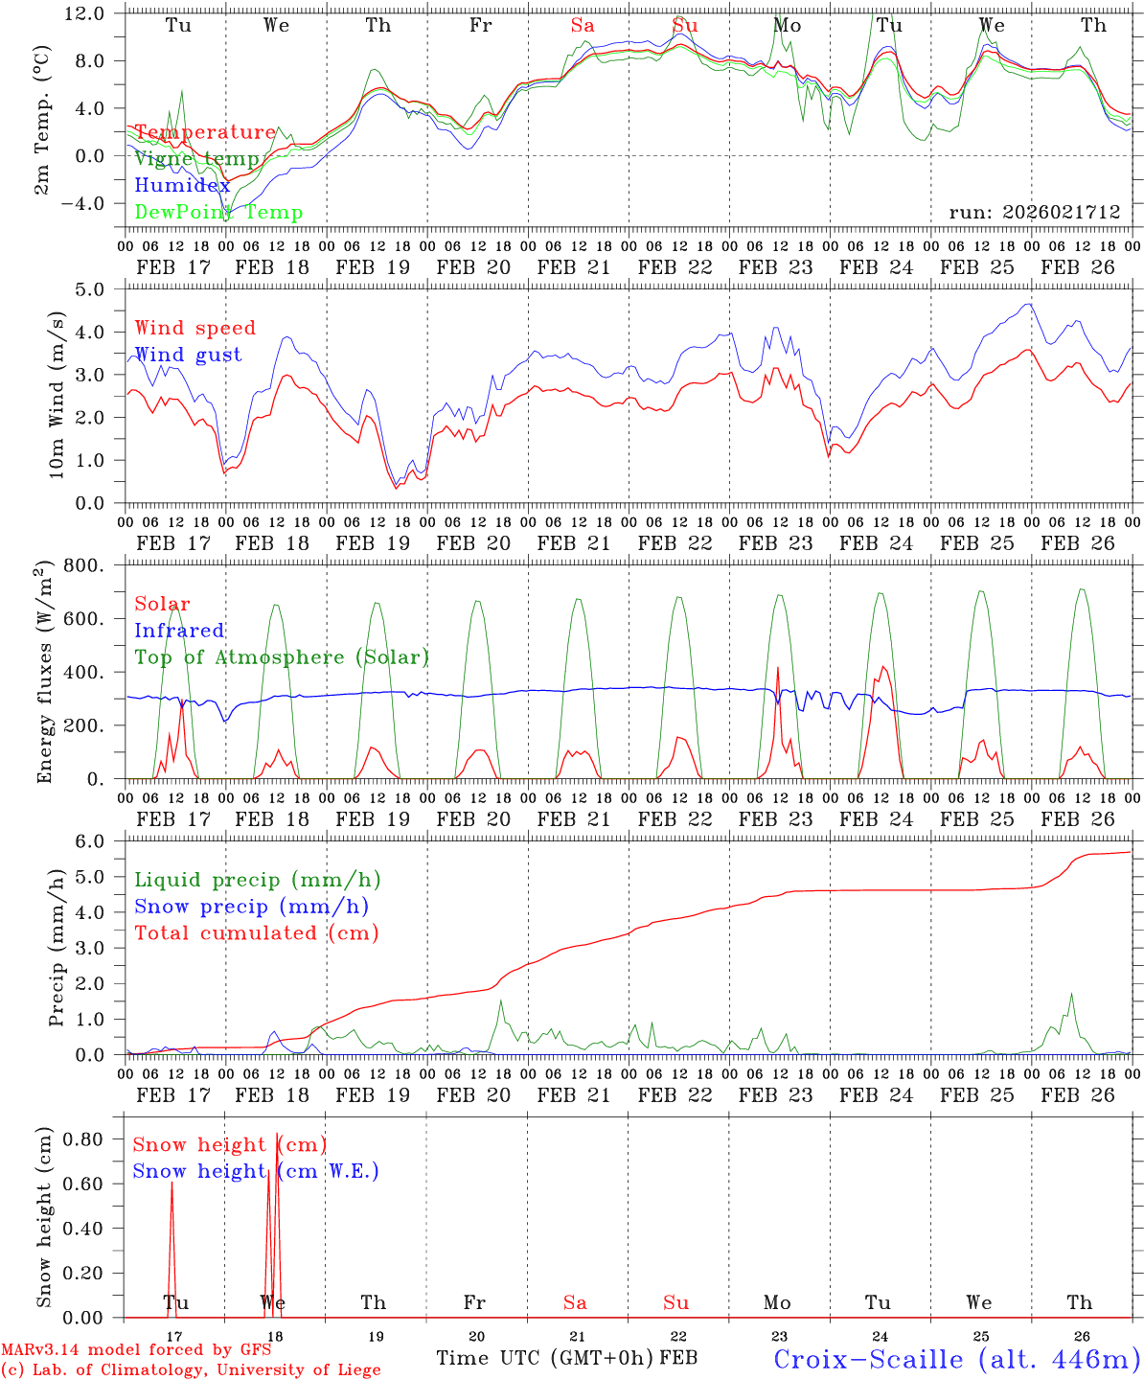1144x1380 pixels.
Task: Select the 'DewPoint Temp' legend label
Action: pos(218,213)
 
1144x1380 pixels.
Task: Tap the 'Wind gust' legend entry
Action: pos(188,355)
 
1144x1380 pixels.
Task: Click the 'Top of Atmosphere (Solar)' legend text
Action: pos(281,657)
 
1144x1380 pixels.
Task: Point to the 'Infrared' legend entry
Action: pos(179,631)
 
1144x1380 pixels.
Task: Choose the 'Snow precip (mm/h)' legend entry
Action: pos(251,907)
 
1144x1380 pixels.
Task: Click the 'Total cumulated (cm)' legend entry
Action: pos(256,932)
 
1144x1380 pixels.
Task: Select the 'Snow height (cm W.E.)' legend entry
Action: pos(255,1171)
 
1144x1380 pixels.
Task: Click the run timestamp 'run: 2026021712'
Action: pos(1034,212)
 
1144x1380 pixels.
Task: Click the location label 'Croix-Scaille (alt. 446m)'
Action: pos(956,1358)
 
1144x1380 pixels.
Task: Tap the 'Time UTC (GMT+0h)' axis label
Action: pos(545,1358)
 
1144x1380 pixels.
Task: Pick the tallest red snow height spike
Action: pos(277,1137)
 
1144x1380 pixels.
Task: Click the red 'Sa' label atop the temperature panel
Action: pos(583,26)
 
